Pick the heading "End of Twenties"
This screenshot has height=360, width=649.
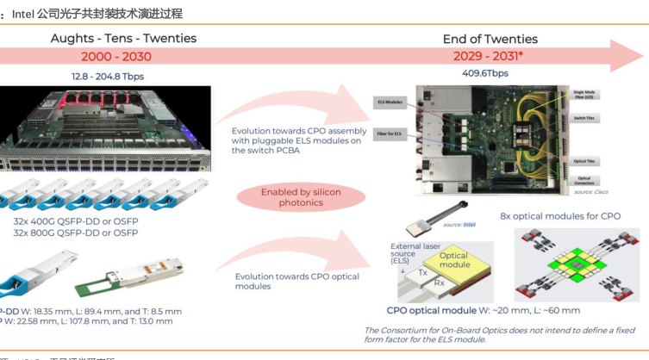click(x=490, y=40)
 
